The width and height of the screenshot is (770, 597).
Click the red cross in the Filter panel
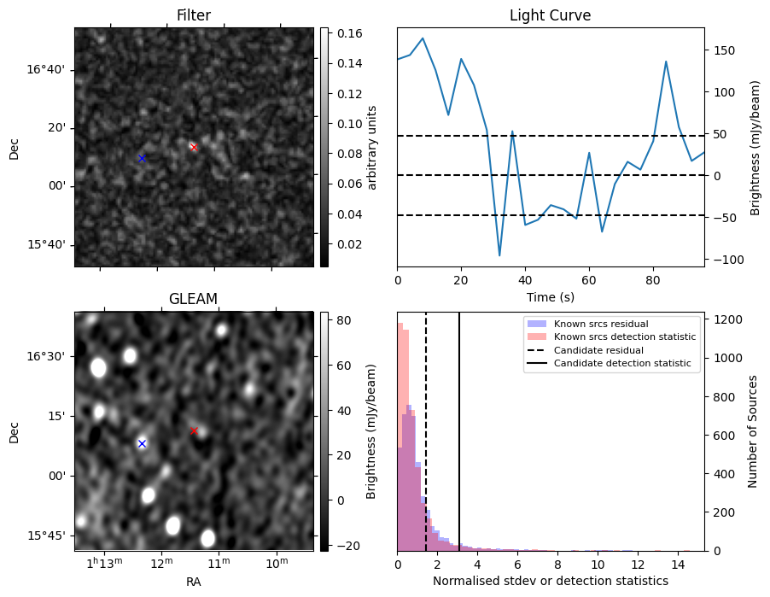(194, 148)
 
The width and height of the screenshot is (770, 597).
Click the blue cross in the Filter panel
(142, 158)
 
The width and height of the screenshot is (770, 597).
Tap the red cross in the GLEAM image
(194, 431)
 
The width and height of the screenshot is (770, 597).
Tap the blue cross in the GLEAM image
(142, 444)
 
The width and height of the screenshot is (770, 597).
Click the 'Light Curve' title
(550, 15)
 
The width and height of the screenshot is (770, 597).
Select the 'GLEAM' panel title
(193, 299)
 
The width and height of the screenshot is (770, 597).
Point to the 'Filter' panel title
(194, 15)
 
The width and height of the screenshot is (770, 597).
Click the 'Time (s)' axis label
(551, 296)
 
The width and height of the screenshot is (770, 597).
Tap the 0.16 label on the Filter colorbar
(350, 33)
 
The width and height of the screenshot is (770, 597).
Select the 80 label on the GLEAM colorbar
(344, 320)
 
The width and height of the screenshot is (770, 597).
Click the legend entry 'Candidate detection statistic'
(622, 363)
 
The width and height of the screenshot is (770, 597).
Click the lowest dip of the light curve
(499, 255)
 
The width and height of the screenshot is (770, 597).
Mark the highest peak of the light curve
(423, 38)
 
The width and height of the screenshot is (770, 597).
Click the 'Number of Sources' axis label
(752, 431)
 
